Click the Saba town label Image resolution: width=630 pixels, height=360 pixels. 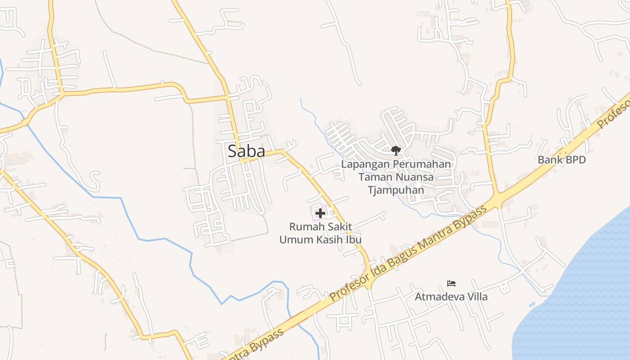click(x=246, y=151)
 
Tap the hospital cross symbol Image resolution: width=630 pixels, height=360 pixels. click(x=320, y=213)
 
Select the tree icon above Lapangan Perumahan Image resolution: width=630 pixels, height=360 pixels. click(x=396, y=150)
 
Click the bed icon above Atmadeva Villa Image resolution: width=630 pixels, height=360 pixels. click(x=451, y=283)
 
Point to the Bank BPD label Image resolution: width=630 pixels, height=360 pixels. click(x=562, y=160)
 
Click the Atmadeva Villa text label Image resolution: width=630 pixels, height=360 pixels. click(x=451, y=297)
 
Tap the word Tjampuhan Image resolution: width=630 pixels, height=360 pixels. click(x=396, y=190)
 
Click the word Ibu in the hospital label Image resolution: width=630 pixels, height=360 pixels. click(x=353, y=239)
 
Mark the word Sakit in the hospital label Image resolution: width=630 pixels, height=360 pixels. click(x=338, y=226)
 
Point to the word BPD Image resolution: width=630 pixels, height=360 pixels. click(x=575, y=160)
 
